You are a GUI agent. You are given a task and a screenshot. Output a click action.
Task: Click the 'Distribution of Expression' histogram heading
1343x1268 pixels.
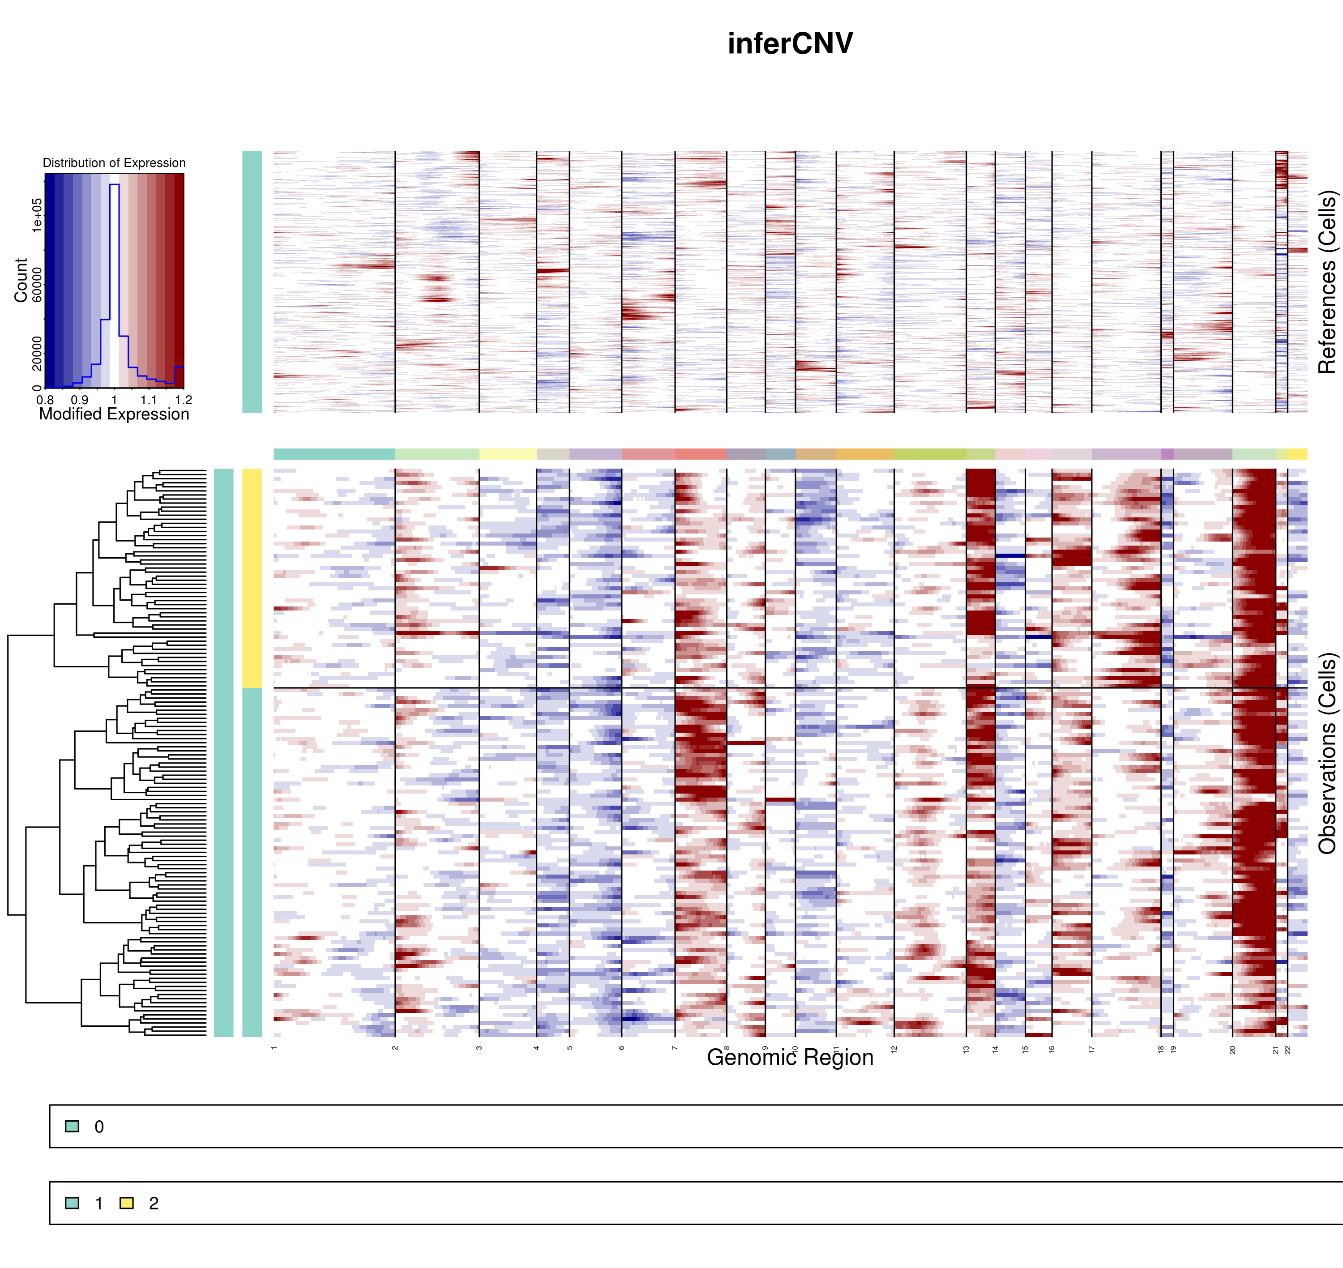click(114, 163)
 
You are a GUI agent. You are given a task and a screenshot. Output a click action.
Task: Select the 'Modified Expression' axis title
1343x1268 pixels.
click(114, 414)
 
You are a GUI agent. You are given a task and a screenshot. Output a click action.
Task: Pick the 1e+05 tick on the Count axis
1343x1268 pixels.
click(37, 215)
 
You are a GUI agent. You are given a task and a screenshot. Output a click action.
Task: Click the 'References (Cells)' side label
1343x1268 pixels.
click(1327, 282)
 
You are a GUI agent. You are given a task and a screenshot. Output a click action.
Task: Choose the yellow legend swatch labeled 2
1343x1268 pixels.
click(126, 1203)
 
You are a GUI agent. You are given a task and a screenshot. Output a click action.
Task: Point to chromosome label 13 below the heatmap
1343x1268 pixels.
click(967, 1050)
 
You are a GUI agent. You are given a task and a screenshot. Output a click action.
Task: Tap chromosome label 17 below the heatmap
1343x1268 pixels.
click(1091, 1050)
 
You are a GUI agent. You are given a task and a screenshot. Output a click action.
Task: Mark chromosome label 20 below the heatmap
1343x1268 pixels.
click(1233, 1050)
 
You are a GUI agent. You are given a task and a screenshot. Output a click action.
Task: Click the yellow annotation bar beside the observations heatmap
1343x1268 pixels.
click(252, 578)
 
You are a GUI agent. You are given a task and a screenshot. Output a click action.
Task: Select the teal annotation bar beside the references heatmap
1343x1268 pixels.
click(252, 282)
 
